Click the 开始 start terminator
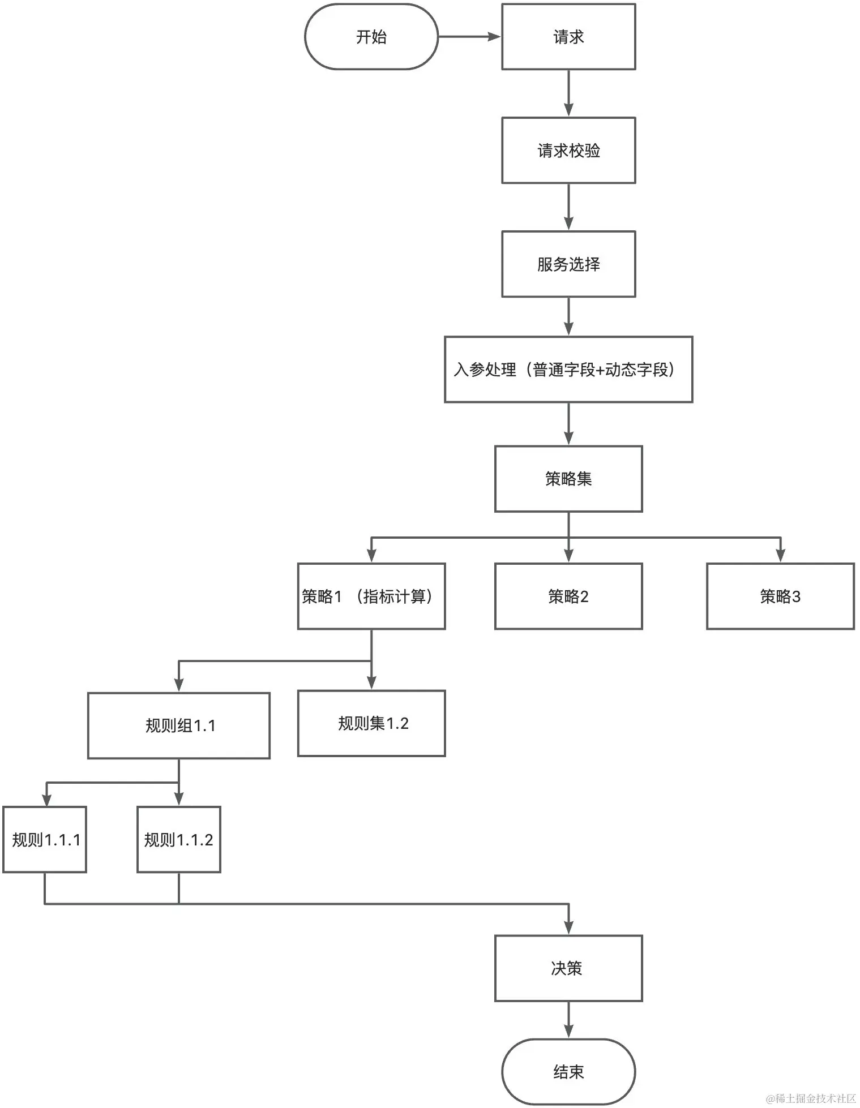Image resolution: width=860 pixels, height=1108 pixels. point(371,37)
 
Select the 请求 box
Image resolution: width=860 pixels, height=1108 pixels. point(568,37)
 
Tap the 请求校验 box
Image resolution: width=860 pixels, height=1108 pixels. point(568,151)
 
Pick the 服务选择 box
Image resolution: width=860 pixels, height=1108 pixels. point(568,264)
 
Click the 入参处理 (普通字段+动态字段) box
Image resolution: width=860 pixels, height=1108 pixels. point(568,370)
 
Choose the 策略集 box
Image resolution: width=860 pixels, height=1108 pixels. point(568,479)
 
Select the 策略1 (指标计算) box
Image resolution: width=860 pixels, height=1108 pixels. point(371,596)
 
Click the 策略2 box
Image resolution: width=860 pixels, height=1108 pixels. point(568,596)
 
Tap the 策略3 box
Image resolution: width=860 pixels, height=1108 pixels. point(780,596)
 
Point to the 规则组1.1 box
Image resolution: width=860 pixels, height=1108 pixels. point(179,725)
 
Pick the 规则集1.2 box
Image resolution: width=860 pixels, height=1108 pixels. point(371,723)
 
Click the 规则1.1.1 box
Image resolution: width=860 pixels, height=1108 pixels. point(45,839)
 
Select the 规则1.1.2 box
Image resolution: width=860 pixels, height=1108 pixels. point(179,839)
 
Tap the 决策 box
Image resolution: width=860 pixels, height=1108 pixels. point(568,968)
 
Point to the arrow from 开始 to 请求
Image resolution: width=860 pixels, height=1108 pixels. point(469,37)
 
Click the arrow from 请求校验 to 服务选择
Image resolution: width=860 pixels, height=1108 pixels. point(568,207)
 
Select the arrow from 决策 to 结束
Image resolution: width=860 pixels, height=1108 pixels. point(568,1020)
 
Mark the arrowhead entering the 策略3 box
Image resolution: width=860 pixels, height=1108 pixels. point(780,556)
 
